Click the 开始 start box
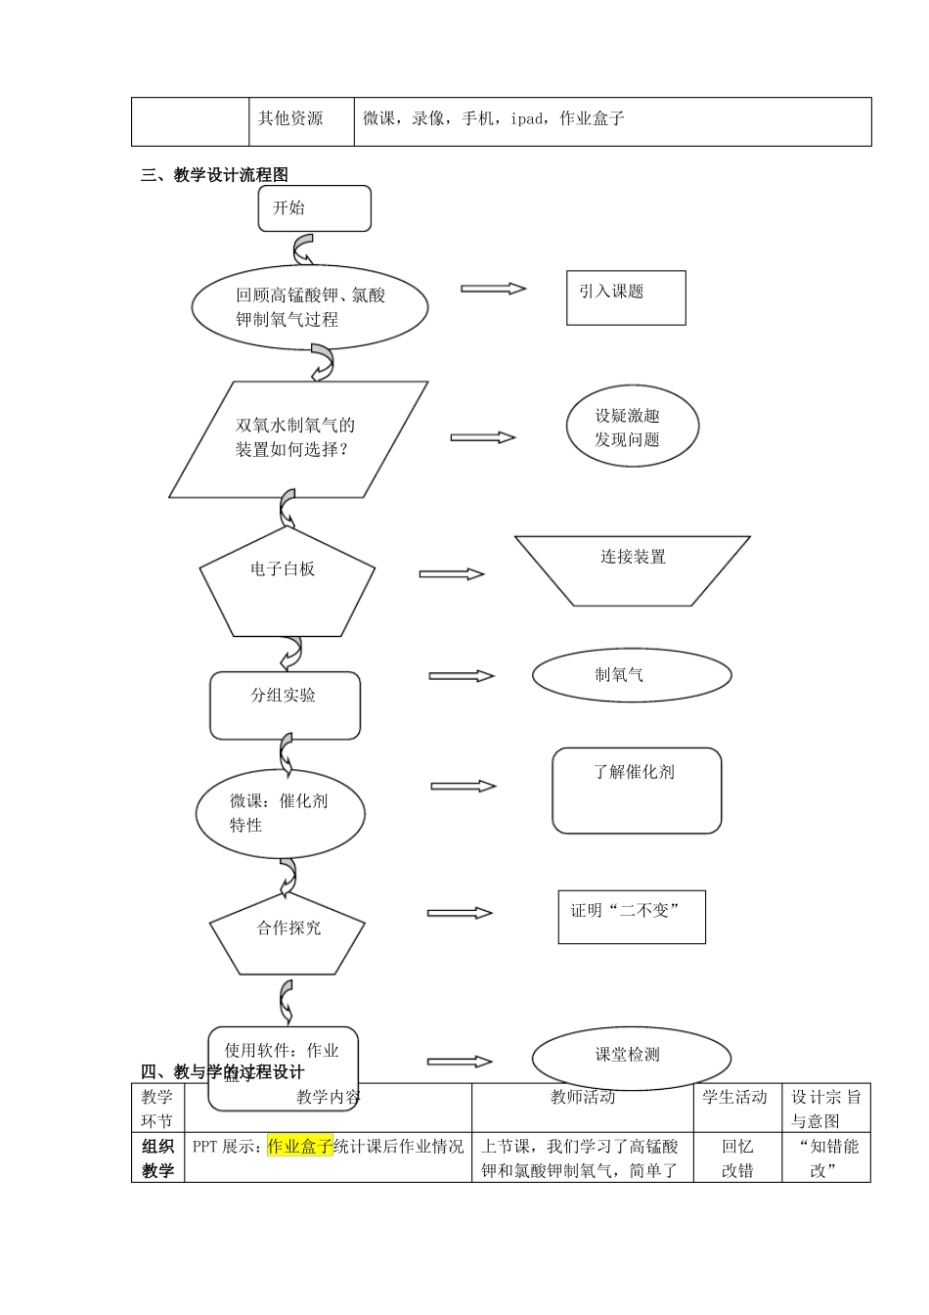click(314, 208)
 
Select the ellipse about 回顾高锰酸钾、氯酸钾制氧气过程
click(309, 307)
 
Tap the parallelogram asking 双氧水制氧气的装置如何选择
click(298, 438)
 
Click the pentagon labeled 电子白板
click(287, 583)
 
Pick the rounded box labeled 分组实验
click(285, 704)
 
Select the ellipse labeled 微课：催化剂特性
click(280, 813)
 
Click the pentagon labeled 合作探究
click(288, 932)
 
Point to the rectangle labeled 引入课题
click(626, 297)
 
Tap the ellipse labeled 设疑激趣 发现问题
click(633, 427)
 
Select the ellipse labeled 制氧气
click(632, 675)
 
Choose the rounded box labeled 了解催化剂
click(637, 791)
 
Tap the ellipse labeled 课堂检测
click(631, 1057)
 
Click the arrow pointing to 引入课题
click(494, 289)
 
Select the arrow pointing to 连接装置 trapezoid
click(452, 574)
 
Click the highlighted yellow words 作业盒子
click(299, 1146)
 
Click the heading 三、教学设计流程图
click(215, 175)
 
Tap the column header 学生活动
click(735, 1098)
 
